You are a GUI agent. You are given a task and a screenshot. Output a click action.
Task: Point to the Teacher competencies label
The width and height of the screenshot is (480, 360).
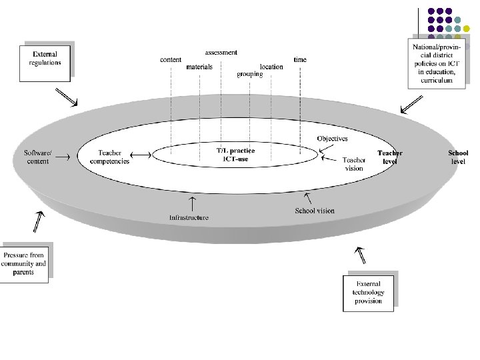click(x=109, y=157)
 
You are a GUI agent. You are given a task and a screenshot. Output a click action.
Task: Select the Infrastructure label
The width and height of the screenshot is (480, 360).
click(x=189, y=217)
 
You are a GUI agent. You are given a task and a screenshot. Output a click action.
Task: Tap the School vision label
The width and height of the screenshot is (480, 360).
click(x=315, y=211)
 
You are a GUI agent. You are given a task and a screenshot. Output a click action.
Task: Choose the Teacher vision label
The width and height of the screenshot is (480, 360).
click(x=354, y=164)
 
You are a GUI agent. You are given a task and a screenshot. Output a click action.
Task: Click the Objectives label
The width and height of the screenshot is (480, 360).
click(x=332, y=139)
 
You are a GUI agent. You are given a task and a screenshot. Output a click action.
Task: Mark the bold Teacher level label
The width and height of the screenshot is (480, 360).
click(x=390, y=157)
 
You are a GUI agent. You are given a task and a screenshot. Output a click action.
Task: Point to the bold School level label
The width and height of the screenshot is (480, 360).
click(x=458, y=157)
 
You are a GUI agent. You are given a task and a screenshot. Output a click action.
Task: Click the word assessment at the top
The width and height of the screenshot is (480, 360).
click(x=221, y=52)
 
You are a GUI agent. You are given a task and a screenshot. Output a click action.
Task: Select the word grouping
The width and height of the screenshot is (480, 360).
click(x=249, y=75)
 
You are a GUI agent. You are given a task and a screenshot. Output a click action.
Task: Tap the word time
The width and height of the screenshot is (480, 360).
click(x=300, y=60)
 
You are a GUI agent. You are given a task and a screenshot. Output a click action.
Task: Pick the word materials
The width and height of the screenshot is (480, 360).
click(x=199, y=67)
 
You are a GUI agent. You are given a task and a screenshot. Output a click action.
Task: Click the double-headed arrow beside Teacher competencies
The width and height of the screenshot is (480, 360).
click(x=141, y=155)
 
